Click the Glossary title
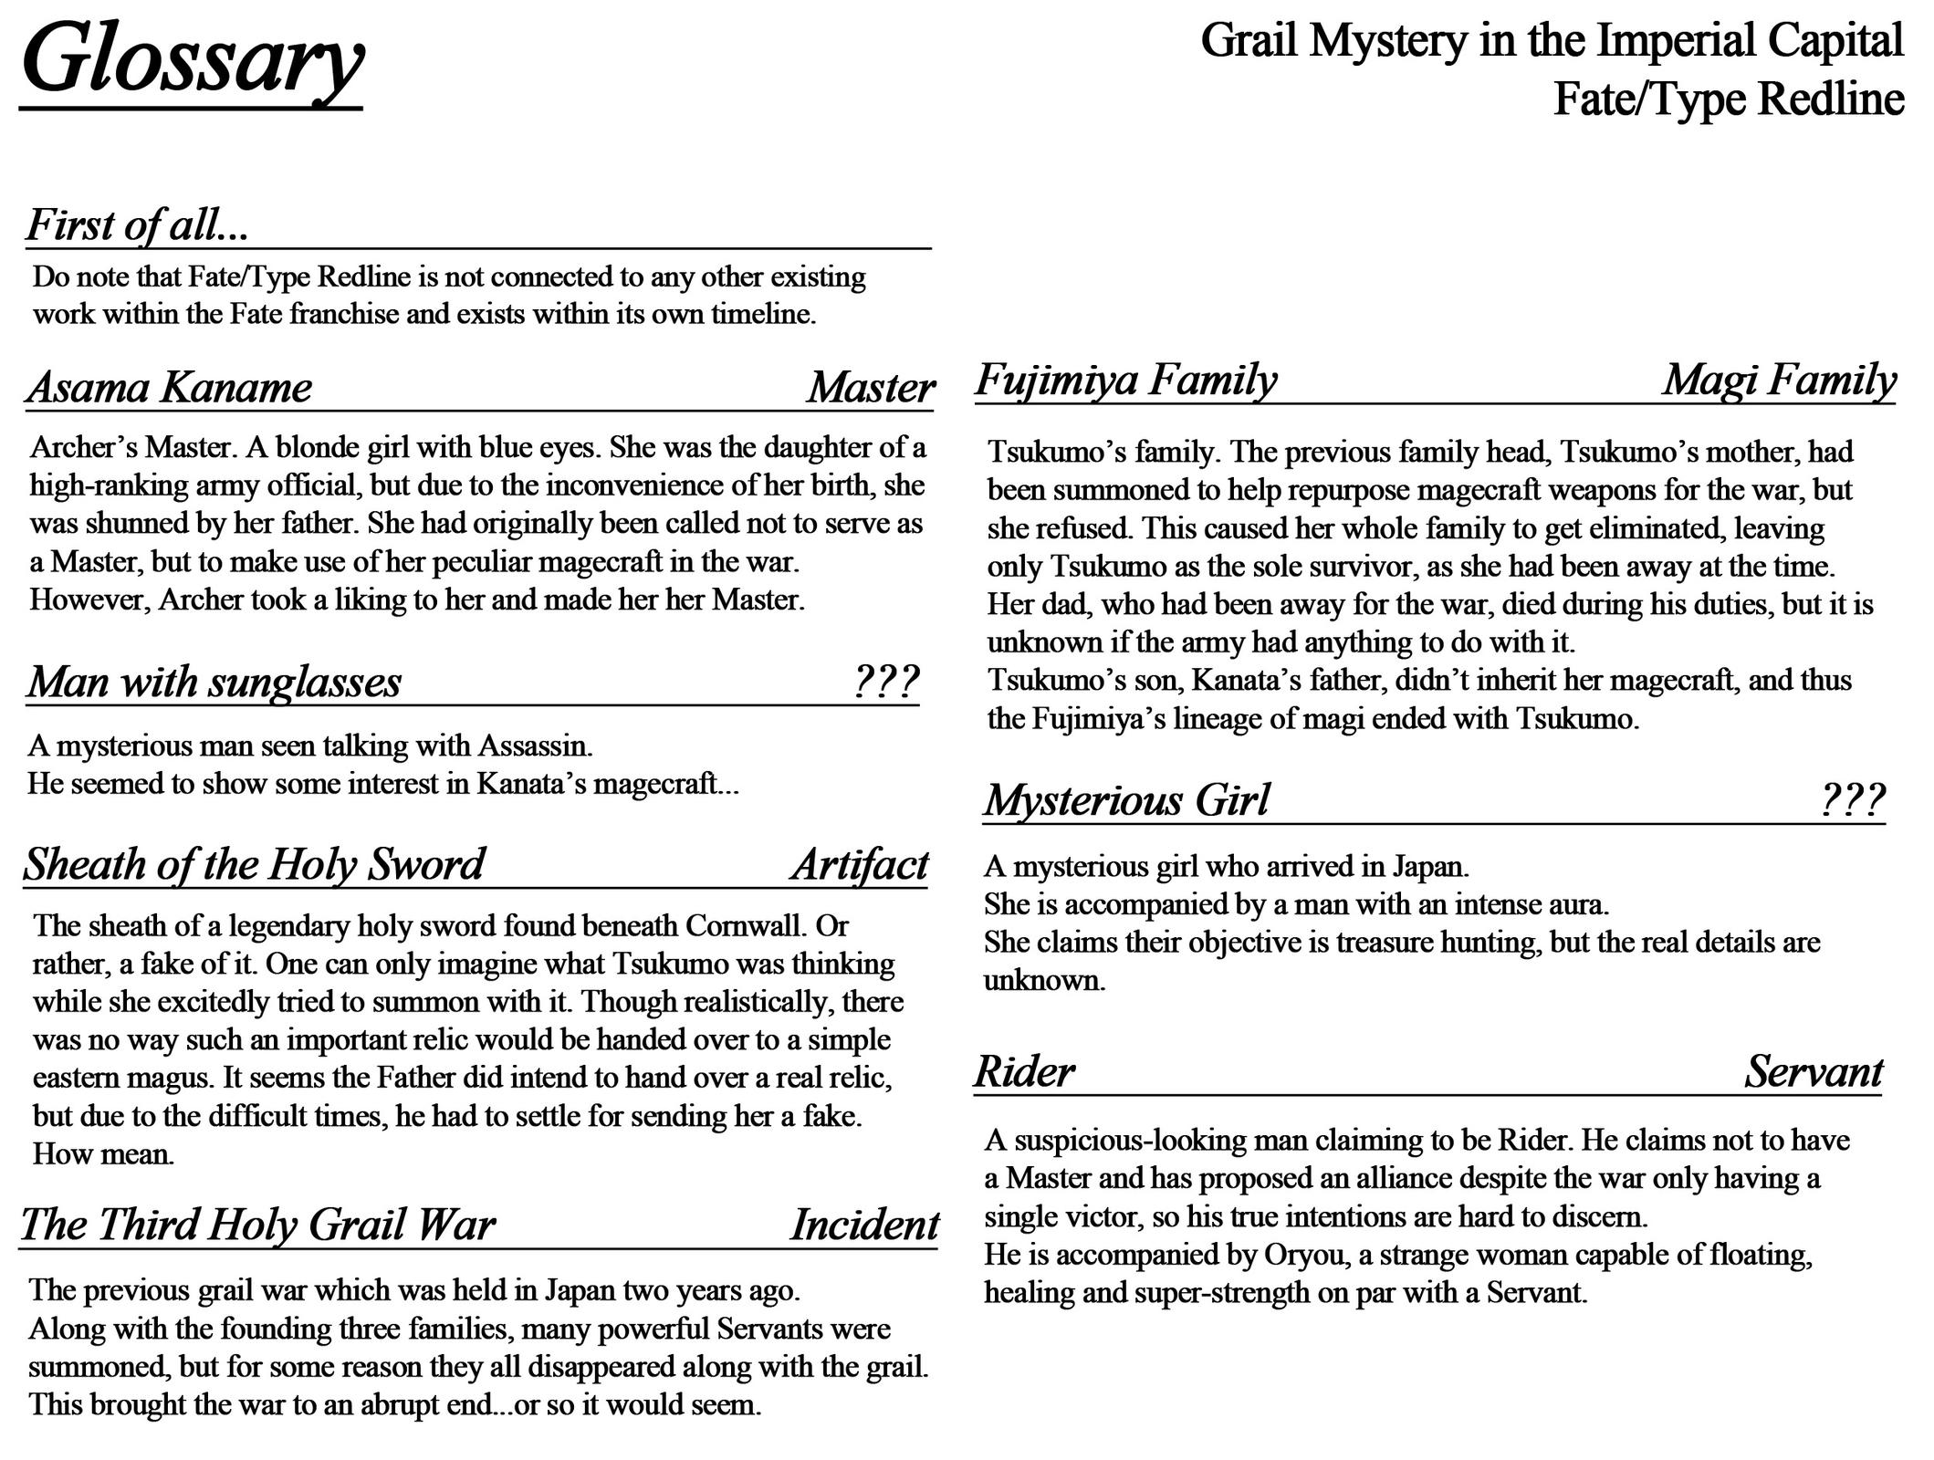tap(192, 59)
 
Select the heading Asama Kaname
tap(170, 387)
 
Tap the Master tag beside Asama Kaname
tap(871, 387)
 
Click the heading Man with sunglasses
tap(214, 682)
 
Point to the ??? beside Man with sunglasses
tap(885, 681)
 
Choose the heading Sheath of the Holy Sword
tap(254, 864)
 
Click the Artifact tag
tap(860, 864)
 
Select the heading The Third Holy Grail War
tap(257, 1225)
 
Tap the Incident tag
tap(864, 1225)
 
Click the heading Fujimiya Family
tap(1125, 380)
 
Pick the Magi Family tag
tap(1779, 380)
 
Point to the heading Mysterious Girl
tap(1126, 800)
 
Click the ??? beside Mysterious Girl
tap(1852, 800)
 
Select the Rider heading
tap(1024, 1071)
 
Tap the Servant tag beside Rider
tap(1814, 1071)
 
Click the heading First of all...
tap(137, 225)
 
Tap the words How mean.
tap(103, 1154)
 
